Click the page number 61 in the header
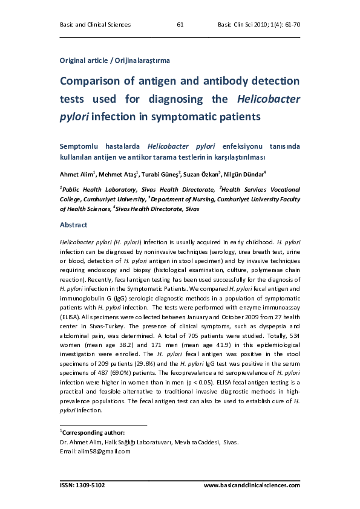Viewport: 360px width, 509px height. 180,25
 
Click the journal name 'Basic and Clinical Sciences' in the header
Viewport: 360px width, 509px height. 96,25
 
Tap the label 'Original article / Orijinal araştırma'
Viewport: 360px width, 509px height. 114,60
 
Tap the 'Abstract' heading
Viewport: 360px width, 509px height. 73,225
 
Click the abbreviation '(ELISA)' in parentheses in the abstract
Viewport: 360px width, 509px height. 72,317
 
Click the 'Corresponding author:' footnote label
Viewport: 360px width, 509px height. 93,432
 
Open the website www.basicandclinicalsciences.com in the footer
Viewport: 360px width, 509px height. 252,485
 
